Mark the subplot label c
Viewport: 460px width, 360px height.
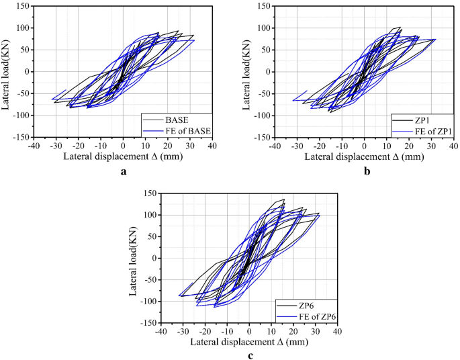(x=249, y=355)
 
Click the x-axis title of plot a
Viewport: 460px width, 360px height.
(x=122, y=156)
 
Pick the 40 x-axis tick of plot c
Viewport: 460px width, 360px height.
(x=336, y=331)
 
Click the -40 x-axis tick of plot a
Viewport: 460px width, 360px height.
(x=34, y=145)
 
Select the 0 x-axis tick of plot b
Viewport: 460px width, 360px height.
(x=364, y=145)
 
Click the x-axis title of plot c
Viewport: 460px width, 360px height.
(x=249, y=343)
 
